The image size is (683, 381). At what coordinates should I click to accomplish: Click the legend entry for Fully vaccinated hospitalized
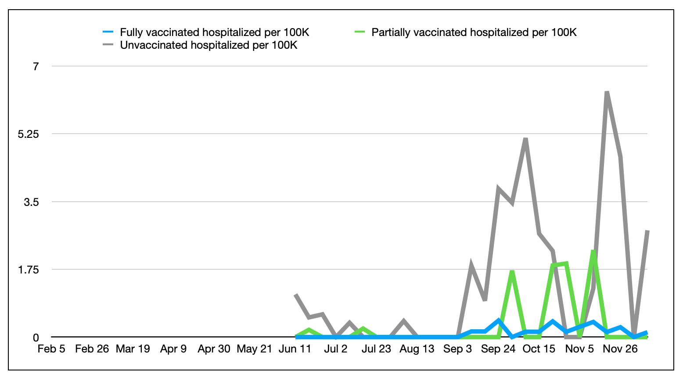coord(214,32)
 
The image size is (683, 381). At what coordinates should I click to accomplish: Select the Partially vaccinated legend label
coord(474,32)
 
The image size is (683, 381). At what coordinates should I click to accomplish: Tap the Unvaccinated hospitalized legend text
coord(208,45)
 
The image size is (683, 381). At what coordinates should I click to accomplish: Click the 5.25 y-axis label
coord(29,134)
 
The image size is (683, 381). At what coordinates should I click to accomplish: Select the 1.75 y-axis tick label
coord(29,270)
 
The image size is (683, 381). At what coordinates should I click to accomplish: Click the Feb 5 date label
coord(51,349)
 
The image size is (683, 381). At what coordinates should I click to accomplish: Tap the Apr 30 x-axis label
coord(214,349)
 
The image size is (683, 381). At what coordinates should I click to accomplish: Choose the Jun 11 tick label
coord(295,349)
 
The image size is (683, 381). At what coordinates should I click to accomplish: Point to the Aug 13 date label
coord(417,349)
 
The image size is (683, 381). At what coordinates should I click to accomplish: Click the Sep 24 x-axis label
coord(498,349)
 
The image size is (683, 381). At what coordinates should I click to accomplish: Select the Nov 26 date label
coord(620,349)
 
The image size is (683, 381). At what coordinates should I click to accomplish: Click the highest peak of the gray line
coord(607,92)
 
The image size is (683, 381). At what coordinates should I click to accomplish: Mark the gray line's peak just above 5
coord(525,139)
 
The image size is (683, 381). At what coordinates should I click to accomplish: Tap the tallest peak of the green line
coord(593,252)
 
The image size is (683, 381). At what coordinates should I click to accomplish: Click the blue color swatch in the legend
coord(108,32)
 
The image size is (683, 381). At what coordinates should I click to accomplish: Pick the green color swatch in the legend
coord(359,32)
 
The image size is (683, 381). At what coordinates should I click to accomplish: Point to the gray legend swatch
coord(108,45)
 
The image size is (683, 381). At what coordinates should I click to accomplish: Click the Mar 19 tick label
coord(133,349)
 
